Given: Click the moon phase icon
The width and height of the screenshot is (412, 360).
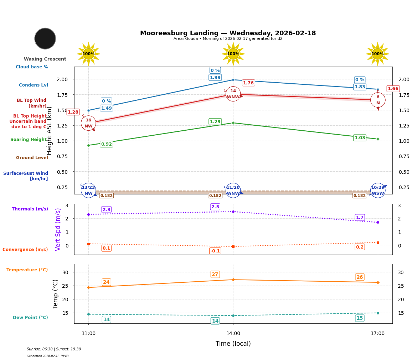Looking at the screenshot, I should (x=45, y=38).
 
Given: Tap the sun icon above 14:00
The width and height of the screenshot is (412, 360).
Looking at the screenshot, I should (x=233, y=54).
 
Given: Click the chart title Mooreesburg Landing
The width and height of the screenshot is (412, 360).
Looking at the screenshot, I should (x=228, y=33).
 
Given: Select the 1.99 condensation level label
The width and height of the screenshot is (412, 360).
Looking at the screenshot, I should (x=215, y=78).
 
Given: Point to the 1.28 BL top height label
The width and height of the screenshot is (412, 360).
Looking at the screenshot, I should (x=73, y=112).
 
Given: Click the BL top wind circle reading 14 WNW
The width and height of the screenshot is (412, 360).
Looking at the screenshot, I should (x=233, y=94).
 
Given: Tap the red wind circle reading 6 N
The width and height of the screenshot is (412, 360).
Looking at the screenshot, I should (x=378, y=100).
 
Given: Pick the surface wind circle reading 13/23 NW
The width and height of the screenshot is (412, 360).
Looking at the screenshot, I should (x=88, y=191).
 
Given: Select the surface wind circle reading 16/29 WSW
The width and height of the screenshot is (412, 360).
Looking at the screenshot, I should (x=378, y=191).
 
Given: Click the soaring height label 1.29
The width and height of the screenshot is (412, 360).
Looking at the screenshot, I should (x=215, y=122).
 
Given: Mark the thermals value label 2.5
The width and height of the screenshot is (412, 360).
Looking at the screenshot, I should (x=215, y=207).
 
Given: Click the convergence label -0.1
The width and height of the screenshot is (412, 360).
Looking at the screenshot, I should (x=215, y=251).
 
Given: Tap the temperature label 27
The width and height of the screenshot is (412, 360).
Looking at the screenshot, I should (x=215, y=275).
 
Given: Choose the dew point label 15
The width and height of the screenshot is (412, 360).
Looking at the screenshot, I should (x=360, y=318).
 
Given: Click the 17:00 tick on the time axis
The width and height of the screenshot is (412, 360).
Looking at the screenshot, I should (x=377, y=334).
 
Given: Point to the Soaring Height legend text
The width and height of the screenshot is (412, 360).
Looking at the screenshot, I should (x=29, y=140).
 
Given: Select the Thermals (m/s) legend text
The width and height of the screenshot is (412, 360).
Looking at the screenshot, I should (x=30, y=209).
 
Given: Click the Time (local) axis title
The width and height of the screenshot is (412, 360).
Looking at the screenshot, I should (x=233, y=344).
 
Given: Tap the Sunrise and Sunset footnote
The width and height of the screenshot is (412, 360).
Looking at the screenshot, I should (x=54, y=349).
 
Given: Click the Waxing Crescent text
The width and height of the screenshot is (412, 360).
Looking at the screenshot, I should (x=45, y=59).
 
